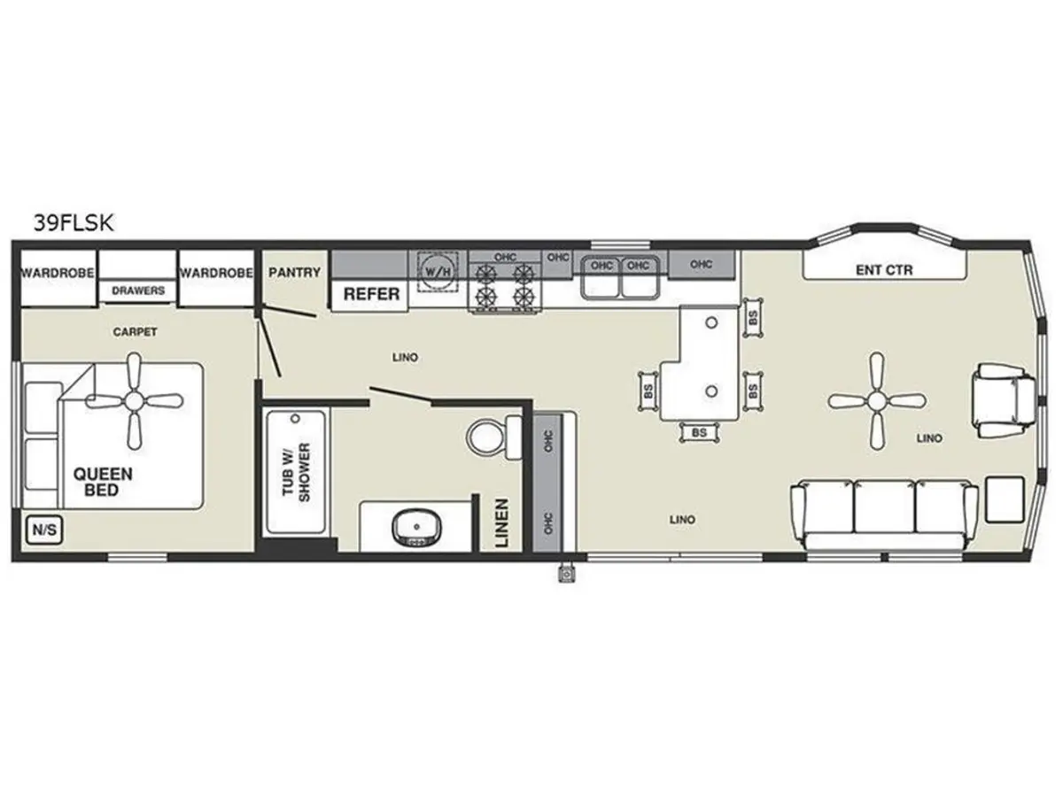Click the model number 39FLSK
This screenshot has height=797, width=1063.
(x=74, y=223)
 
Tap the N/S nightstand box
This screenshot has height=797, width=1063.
(x=44, y=530)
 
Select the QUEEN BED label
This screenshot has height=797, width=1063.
(x=102, y=482)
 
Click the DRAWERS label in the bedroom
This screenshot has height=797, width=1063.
(x=138, y=290)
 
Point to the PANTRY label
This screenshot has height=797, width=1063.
(x=294, y=273)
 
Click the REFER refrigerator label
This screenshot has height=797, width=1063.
(x=371, y=294)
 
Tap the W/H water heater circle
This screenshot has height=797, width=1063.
(x=438, y=272)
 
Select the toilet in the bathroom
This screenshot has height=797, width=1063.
(x=494, y=437)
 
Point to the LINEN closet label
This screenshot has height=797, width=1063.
(x=501, y=522)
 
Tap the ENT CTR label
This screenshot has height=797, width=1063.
(x=884, y=270)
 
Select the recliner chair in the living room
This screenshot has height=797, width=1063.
(x=1004, y=400)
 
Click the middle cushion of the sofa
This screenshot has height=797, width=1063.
(x=884, y=507)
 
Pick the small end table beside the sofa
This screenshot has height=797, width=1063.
(x=1005, y=499)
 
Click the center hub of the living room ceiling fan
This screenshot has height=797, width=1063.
(x=876, y=400)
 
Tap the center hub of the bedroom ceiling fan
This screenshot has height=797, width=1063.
(x=134, y=400)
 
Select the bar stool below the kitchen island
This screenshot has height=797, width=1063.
(x=699, y=433)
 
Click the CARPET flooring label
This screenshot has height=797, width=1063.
(x=135, y=332)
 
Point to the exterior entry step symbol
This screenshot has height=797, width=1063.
(x=566, y=574)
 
